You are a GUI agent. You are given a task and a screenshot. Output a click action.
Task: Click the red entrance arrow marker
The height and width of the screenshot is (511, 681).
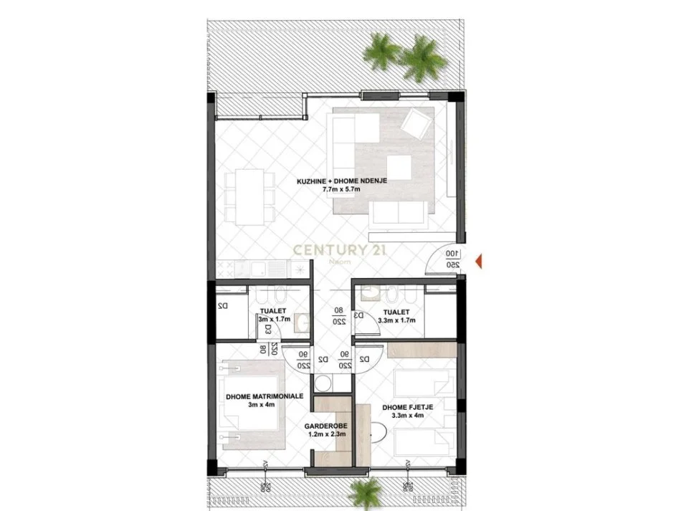480,260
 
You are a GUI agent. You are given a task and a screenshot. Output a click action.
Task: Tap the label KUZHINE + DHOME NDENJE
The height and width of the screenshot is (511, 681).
342,182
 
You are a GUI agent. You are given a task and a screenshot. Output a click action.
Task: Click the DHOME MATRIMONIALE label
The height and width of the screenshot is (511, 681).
265,396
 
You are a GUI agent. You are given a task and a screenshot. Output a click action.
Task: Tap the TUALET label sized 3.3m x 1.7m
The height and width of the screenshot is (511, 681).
396,312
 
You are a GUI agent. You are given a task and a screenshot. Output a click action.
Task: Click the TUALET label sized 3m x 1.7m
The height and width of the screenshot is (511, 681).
273,312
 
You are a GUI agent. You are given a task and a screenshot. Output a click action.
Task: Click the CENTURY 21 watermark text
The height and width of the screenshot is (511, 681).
340,250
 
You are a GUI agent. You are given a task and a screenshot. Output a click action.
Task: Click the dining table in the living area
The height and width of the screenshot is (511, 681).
245,195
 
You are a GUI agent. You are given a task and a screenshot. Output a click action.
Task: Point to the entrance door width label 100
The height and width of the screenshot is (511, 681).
452,254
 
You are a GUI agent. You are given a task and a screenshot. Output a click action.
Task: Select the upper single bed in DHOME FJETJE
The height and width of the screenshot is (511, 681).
423,382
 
